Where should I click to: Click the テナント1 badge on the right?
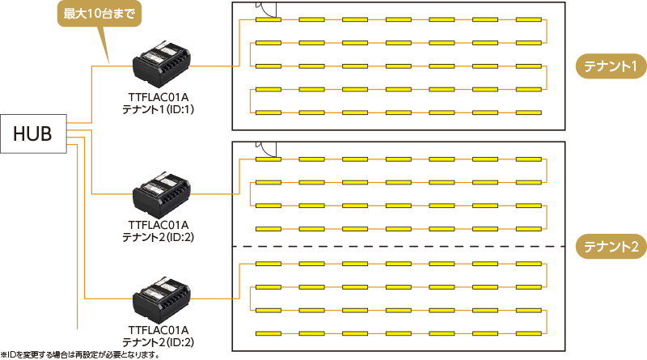(609, 66)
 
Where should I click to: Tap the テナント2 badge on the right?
(609, 247)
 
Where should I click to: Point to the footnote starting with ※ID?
(80, 354)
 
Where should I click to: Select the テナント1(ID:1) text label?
(159, 108)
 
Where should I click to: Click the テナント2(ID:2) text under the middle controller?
(159, 236)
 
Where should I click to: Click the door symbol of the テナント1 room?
(270, 11)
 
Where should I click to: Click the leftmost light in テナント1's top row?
(268, 19)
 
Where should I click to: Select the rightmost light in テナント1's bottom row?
(529, 112)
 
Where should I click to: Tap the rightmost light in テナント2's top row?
(529, 159)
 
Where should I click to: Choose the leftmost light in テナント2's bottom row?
(268, 332)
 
